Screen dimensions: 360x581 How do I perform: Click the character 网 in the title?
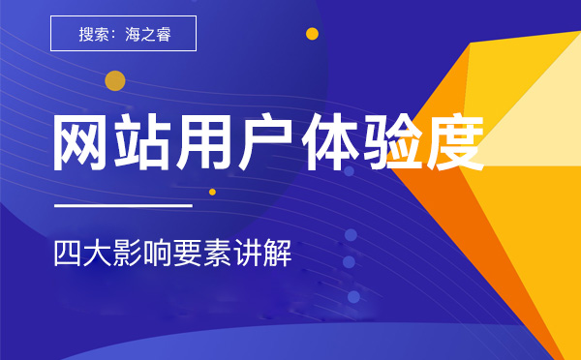pos(82,143)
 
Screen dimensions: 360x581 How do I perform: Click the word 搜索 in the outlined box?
pos(94,35)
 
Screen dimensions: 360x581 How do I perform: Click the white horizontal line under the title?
pos(123,205)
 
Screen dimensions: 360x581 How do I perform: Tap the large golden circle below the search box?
pos(115,80)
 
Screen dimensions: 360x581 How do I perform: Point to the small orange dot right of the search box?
pos(312,34)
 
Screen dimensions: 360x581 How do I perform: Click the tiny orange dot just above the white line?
pos(212,192)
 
